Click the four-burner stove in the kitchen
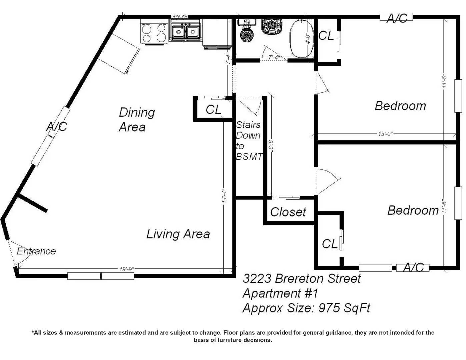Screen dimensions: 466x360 154,32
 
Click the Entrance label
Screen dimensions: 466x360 36,251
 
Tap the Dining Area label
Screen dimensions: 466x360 137,120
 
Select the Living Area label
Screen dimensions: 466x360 178,234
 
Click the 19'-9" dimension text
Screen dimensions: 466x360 127,269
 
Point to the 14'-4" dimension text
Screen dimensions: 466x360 224,196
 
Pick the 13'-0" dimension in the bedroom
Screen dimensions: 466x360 385,134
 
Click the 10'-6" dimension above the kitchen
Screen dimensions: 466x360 180,17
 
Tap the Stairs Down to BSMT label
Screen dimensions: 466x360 249,141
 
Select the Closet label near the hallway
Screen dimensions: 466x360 288,212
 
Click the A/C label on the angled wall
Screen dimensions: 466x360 57,127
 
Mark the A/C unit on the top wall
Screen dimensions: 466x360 396,17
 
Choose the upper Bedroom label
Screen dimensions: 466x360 400,106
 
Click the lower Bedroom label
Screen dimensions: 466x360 413,210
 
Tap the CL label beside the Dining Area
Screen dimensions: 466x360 213,110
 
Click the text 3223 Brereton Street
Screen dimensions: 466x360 302,279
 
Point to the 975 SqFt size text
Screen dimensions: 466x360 344,308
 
